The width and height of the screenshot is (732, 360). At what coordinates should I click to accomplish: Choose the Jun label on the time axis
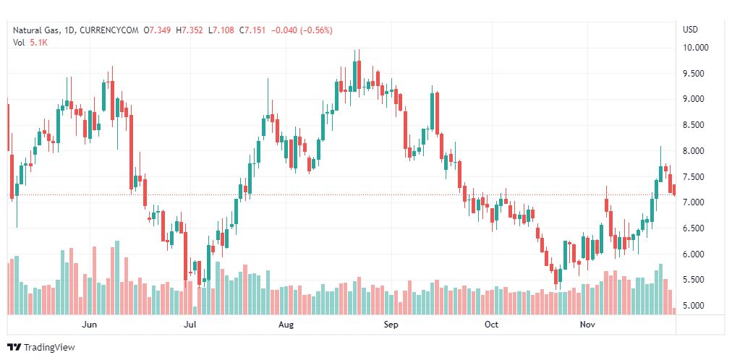pos(90,325)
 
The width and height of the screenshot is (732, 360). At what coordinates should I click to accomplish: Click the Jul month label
pos(190,325)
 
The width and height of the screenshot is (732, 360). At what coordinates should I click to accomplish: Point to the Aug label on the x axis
pos(286,325)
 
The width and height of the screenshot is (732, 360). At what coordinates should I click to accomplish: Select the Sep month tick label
pos(391,325)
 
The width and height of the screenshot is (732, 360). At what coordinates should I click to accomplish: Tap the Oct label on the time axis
pos(492,325)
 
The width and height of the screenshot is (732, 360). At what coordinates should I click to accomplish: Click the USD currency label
pos(691,30)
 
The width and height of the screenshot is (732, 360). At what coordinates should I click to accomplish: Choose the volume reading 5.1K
pos(39,43)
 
